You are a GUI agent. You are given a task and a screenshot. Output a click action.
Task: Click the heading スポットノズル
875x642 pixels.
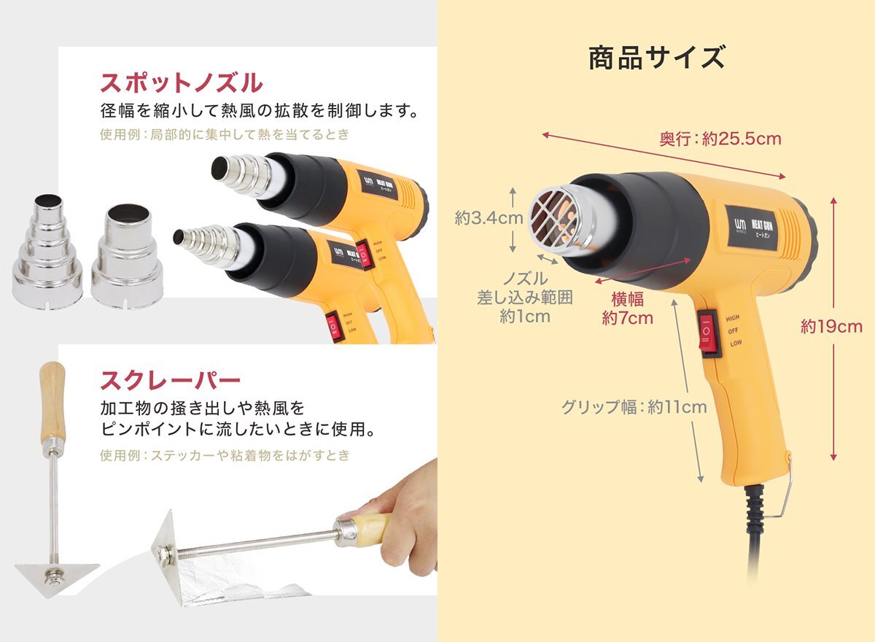(181, 83)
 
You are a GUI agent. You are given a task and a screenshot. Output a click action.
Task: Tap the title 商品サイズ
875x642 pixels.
(656, 58)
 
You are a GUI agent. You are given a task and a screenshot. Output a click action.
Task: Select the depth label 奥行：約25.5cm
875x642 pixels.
(720, 139)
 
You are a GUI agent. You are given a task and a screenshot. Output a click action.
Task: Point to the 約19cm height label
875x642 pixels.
(831, 327)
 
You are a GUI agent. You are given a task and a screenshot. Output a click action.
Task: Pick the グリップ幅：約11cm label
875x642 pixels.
(634, 407)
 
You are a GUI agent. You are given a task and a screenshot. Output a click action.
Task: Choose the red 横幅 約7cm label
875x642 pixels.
(627, 309)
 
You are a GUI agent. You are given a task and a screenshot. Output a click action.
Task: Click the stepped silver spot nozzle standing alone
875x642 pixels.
(47, 252)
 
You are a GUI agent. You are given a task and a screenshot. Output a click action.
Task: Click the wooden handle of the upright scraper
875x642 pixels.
(52, 401)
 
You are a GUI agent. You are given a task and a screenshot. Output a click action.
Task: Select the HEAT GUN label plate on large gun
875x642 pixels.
(754, 226)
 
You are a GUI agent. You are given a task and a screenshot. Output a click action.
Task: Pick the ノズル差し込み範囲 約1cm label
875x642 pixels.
(524, 298)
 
